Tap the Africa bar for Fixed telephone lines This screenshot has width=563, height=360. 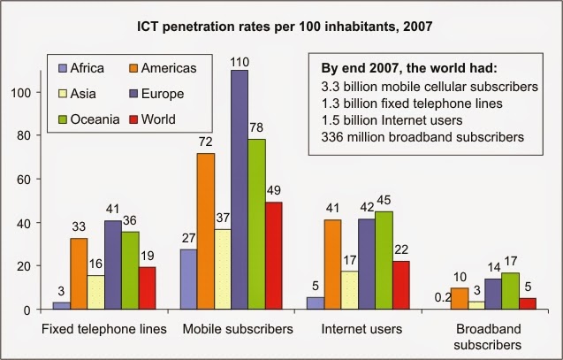click(x=60, y=306)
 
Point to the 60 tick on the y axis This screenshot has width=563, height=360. click(x=35, y=179)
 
